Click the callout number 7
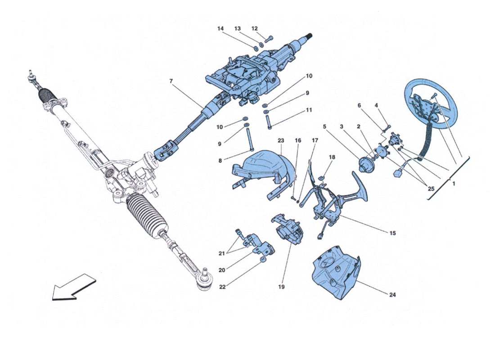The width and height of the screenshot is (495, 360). click(x=171, y=81)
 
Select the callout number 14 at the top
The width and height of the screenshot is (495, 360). click(x=220, y=28)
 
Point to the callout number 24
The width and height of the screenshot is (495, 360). click(x=393, y=295)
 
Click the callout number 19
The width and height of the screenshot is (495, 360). click(x=282, y=286)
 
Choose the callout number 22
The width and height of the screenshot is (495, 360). click(x=223, y=287)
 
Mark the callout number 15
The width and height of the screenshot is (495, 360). click(x=392, y=233)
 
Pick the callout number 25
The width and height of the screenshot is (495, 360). click(x=431, y=189)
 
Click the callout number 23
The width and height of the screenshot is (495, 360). click(x=281, y=140)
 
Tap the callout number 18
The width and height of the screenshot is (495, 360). click(x=332, y=157)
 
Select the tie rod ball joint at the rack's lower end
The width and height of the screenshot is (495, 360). click(x=205, y=279)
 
